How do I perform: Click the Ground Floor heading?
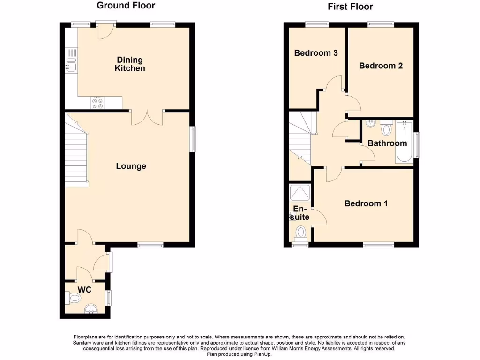pos(126,6)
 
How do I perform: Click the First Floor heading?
pos(351,7)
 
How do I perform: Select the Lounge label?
pos(131,166)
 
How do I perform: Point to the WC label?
pos(84,290)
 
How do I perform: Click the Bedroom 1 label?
pos(366,203)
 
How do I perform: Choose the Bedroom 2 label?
pos(381,66)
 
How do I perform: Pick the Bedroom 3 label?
pos(316,53)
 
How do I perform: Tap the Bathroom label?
pos(387,143)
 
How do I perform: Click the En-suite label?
pos(300,213)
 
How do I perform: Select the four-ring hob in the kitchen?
pos(98,103)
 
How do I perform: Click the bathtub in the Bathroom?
pos(404,142)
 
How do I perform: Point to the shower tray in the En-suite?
pos(300,192)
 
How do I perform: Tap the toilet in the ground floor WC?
pos(74,297)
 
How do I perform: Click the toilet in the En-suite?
pos(300,232)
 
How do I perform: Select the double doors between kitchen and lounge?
pos(147,117)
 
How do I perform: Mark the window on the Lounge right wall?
pos(192,139)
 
